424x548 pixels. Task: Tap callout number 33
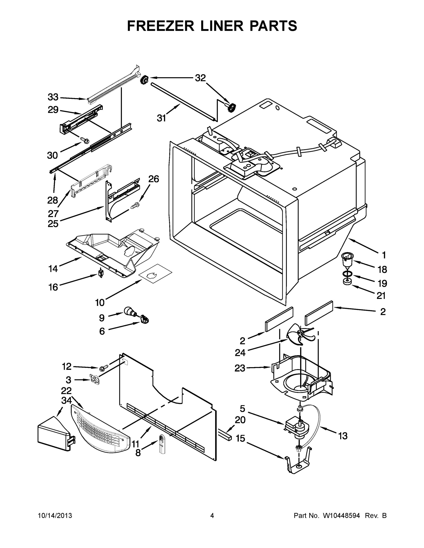[x=53, y=97]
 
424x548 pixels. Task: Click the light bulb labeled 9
[x=130, y=312]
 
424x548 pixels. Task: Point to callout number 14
[x=53, y=269]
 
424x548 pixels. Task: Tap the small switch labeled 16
[x=101, y=273]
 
